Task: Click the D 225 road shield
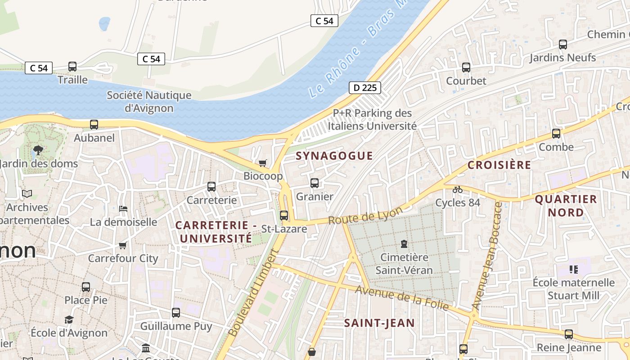(x=364, y=88)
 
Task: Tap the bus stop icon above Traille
(x=72, y=67)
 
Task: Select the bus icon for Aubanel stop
(x=94, y=125)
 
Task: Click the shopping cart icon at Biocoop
(x=262, y=163)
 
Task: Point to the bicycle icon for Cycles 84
(x=458, y=189)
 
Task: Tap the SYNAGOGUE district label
(x=334, y=156)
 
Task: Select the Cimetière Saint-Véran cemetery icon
(x=404, y=244)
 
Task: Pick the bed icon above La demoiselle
(x=123, y=208)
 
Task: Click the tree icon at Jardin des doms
(x=38, y=150)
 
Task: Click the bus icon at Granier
(x=315, y=183)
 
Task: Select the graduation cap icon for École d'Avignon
(x=69, y=319)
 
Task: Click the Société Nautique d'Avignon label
(x=149, y=102)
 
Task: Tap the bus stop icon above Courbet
(x=466, y=67)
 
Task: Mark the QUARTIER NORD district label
(x=566, y=206)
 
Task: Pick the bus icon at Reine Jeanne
(x=569, y=334)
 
